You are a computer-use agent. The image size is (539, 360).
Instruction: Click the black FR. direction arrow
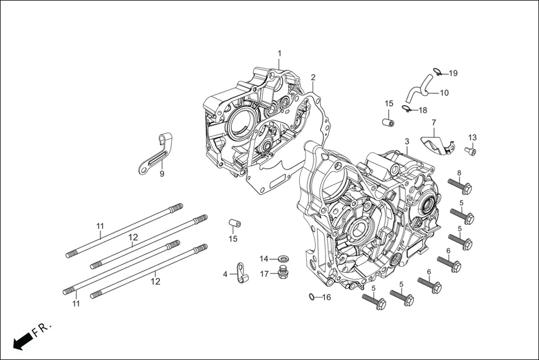coord(22,340)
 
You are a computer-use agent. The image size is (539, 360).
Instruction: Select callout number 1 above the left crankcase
coord(280,54)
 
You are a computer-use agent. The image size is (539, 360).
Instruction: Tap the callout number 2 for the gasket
coord(313,77)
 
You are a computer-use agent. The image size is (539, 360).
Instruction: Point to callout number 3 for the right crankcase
coord(407,142)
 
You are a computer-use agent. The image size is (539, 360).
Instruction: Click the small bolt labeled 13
coord(471,151)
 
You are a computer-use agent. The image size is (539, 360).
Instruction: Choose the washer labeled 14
coord(283,258)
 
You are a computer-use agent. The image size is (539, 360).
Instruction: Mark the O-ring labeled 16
coord(311,297)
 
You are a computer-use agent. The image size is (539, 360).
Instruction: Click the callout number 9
coord(162,174)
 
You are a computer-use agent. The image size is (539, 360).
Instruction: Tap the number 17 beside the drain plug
coord(265,273)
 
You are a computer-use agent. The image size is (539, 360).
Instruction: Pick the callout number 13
coord(473,138)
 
